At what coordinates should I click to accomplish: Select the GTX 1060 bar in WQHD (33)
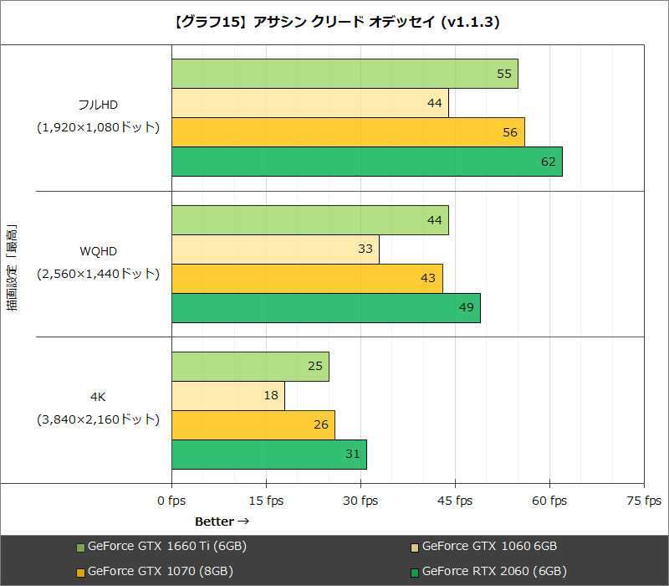[x=275, y=249]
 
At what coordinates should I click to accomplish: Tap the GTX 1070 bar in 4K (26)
[x=253, y=424]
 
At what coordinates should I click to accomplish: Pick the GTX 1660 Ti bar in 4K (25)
[x=250, y=367]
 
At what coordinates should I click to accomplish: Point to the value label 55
[x=504, y=74]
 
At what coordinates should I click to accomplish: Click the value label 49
[x=467, y=307]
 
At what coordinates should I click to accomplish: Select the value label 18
[x=271, y=395]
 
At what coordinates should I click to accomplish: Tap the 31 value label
[x=353, y=454]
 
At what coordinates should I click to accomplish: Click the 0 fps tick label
[x=171, y=501]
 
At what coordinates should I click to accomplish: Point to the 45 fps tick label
[x=455, y=501]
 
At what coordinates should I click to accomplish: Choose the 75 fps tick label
[x=644, y=501]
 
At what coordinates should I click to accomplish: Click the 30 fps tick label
[x=360, y=501]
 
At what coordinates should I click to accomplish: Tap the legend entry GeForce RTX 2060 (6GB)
[x=494, y=572]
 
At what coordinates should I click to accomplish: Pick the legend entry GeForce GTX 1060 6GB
[x=489, y=547]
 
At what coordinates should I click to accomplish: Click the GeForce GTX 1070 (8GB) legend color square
[x=80, y=573]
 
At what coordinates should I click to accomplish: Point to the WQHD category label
[x=99, y=250]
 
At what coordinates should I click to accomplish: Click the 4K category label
[x=99, y=397]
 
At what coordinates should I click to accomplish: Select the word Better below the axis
[x=214, y=522]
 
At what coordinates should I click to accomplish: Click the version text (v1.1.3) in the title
[x=468, y=23]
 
